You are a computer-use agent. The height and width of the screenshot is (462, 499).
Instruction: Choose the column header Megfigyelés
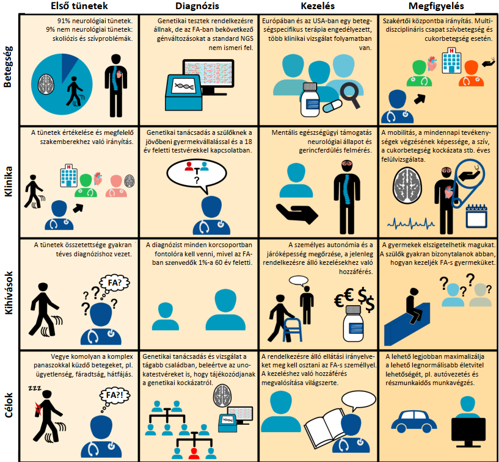[437, 6]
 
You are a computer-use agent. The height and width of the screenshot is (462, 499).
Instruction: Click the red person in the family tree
[194, 452]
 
